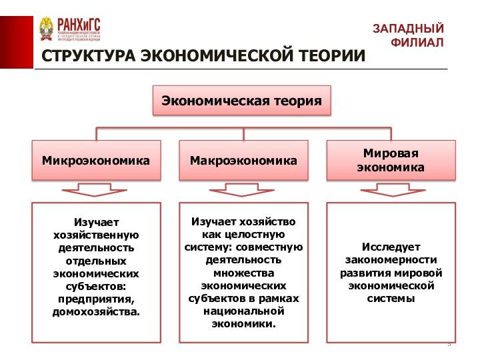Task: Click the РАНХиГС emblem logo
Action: tap(47, 29)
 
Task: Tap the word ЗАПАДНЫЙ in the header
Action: tap(408, 29)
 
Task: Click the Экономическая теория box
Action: tap(242, 101)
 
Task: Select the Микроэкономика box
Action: tap(96, 160)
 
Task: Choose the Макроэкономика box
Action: tap(243, 160)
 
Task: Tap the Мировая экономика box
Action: tap(390, 160)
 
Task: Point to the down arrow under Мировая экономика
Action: tap(390, 190)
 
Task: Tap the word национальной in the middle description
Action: tap(243, 311)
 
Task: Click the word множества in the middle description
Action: tap(243, 273)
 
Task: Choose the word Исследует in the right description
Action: tap(391, 247)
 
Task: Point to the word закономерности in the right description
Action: tap(391, 260)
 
